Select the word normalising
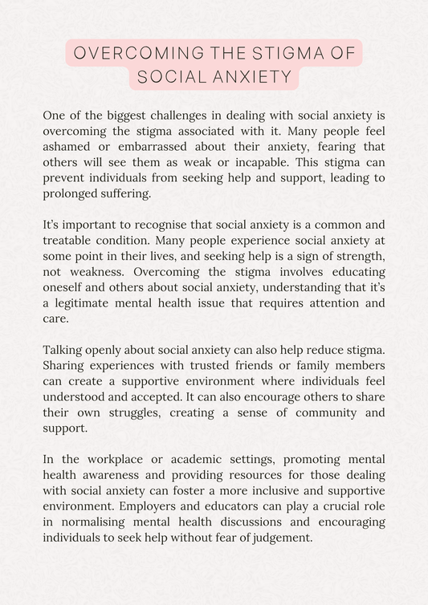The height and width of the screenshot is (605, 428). pyautogui.click(x=88, y=522)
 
